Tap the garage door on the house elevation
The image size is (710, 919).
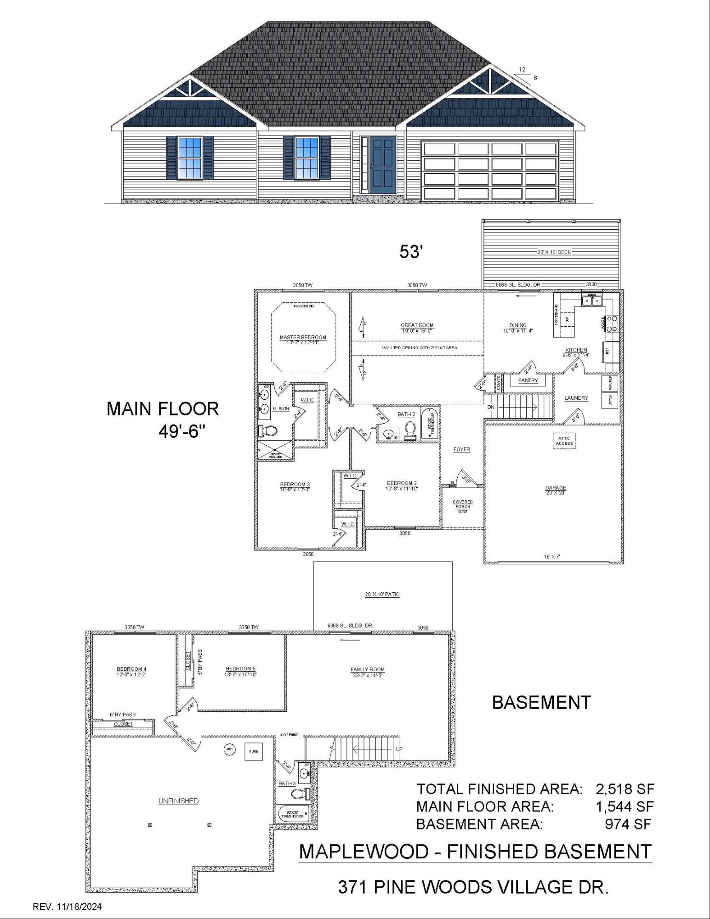coord(490,171)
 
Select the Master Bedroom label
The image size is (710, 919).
coord(303,340)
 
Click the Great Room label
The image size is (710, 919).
coord(417,328)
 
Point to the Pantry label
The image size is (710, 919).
coord(528,380)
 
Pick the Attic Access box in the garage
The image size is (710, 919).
coord(564,441)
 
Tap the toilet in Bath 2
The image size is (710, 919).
coord(410,430)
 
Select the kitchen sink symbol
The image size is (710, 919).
coord(592,301)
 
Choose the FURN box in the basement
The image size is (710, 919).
coord(253,752)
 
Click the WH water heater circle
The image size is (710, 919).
coord(229,749)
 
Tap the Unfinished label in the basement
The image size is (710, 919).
coord(178,801)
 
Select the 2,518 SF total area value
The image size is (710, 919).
coord(625,789)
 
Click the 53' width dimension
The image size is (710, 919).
coord(410,252)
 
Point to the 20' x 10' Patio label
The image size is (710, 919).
coord(382,595)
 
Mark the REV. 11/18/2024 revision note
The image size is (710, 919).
coord(67,907)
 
